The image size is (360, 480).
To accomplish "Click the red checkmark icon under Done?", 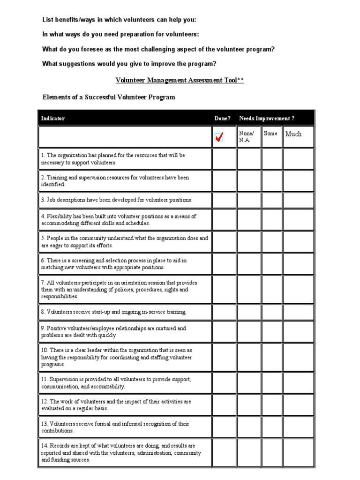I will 219,137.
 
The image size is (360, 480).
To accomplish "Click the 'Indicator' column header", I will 53,118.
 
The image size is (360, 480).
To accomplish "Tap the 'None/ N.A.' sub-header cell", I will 248,137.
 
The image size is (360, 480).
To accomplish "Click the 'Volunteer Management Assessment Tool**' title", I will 180,80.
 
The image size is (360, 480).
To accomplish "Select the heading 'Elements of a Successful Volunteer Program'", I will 109,97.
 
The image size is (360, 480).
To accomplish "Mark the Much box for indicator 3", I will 298,200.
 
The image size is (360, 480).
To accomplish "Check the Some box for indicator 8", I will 271,312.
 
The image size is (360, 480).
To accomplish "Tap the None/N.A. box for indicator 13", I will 248,427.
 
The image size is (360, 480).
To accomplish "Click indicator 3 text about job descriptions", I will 117,200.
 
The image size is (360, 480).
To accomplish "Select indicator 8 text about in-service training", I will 114,312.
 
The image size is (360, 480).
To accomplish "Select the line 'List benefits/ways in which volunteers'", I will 120,20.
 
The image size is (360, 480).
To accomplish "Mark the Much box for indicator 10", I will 298,357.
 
